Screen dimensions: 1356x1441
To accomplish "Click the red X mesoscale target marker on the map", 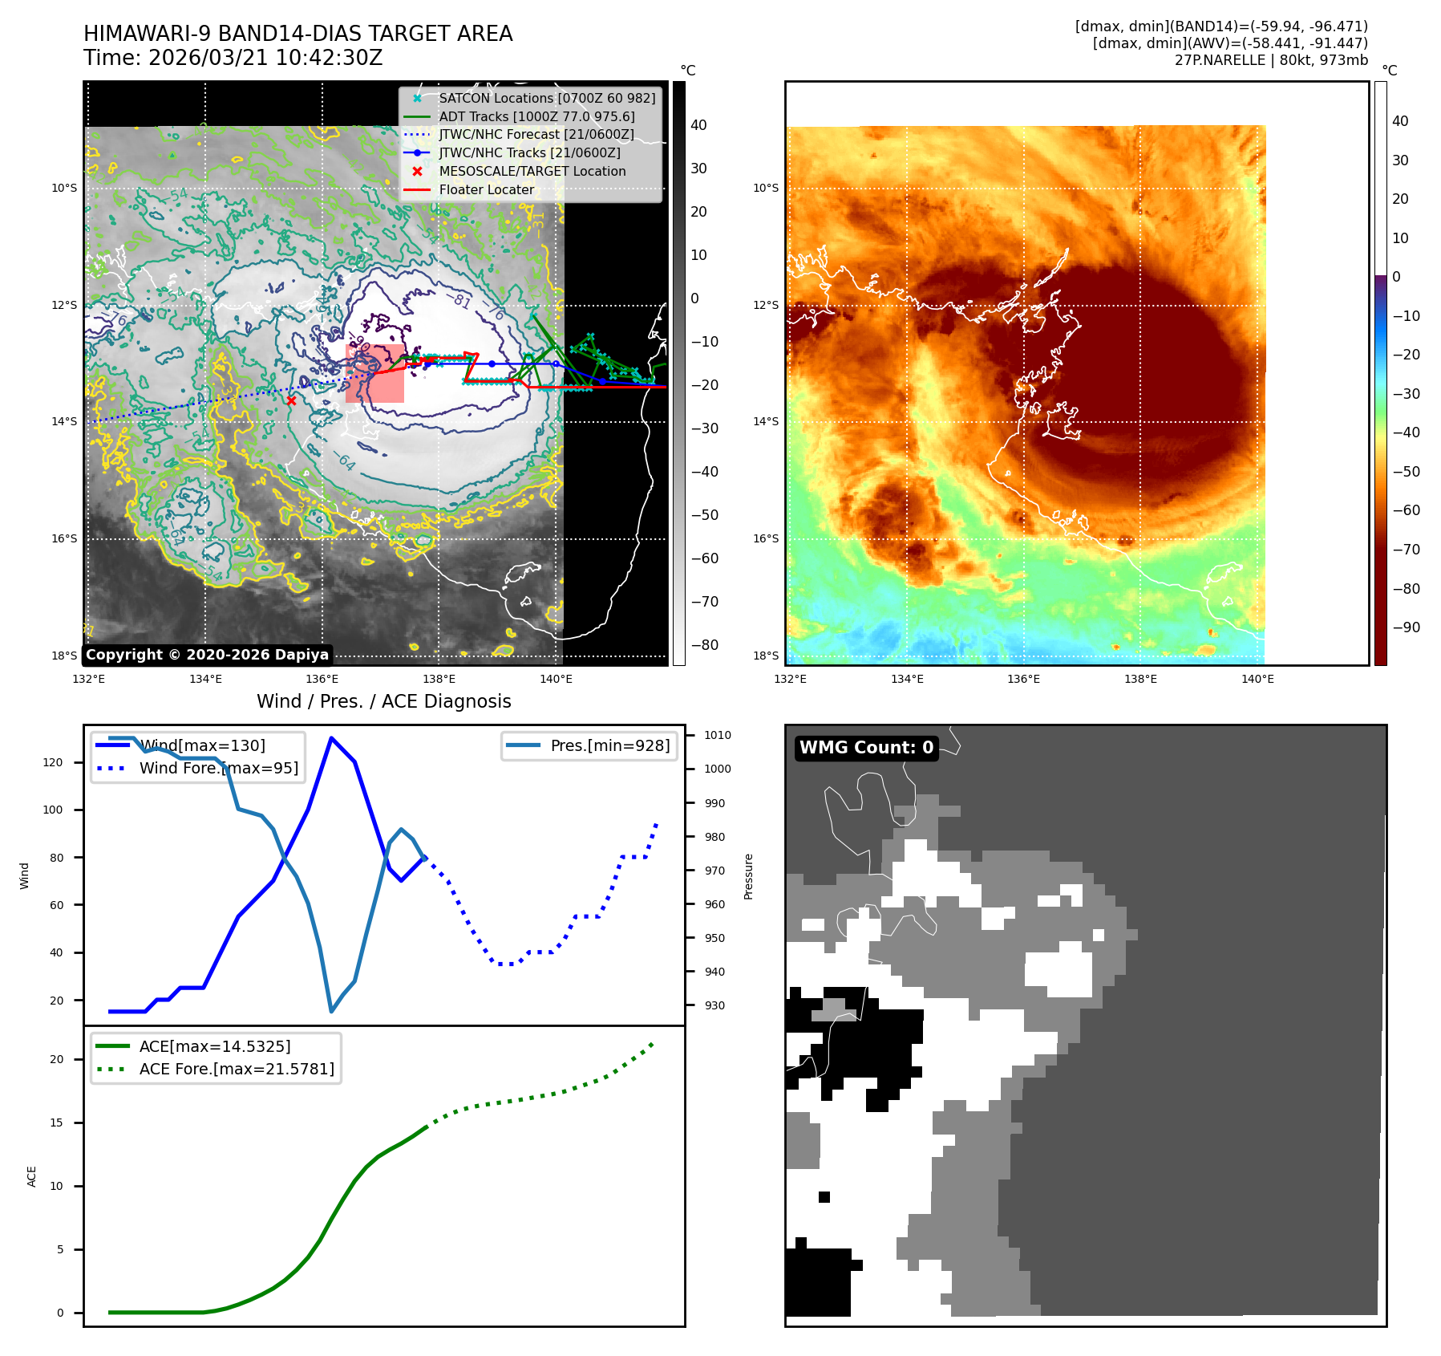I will click(x=291, y=400).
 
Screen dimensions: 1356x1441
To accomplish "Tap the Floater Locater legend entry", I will click(x=486, y=189).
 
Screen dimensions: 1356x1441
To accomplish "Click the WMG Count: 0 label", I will click(x=866, y=748).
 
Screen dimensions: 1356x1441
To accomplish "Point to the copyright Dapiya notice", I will click(x=207, y=655).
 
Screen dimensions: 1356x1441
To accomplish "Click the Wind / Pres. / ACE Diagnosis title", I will click(x=383, y=701).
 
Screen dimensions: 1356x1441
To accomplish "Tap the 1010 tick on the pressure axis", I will click(x=717, y=735).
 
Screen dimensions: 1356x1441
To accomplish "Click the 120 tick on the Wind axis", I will click(x=53, y=762).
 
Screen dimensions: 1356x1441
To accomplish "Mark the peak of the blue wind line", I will click(x=331, y=738).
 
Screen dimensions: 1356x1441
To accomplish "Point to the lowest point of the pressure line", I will click(x=331, y=1011).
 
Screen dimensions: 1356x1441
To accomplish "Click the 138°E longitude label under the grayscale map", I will click(x=439, y=679).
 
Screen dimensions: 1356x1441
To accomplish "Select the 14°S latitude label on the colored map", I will click(x=765, y=421).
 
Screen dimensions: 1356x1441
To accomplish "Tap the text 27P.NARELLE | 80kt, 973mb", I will click(x=1271, y=60).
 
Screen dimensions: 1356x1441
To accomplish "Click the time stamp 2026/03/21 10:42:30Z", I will click(x=265, y=58).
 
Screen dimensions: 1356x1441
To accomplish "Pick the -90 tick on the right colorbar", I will click(x=1406, y=627).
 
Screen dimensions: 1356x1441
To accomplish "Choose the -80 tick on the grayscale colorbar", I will click(x=704, y=645).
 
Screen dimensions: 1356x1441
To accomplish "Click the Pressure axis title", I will click(x=748, y=876).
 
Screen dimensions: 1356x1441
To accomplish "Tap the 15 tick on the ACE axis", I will click(x=56, y=1123).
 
